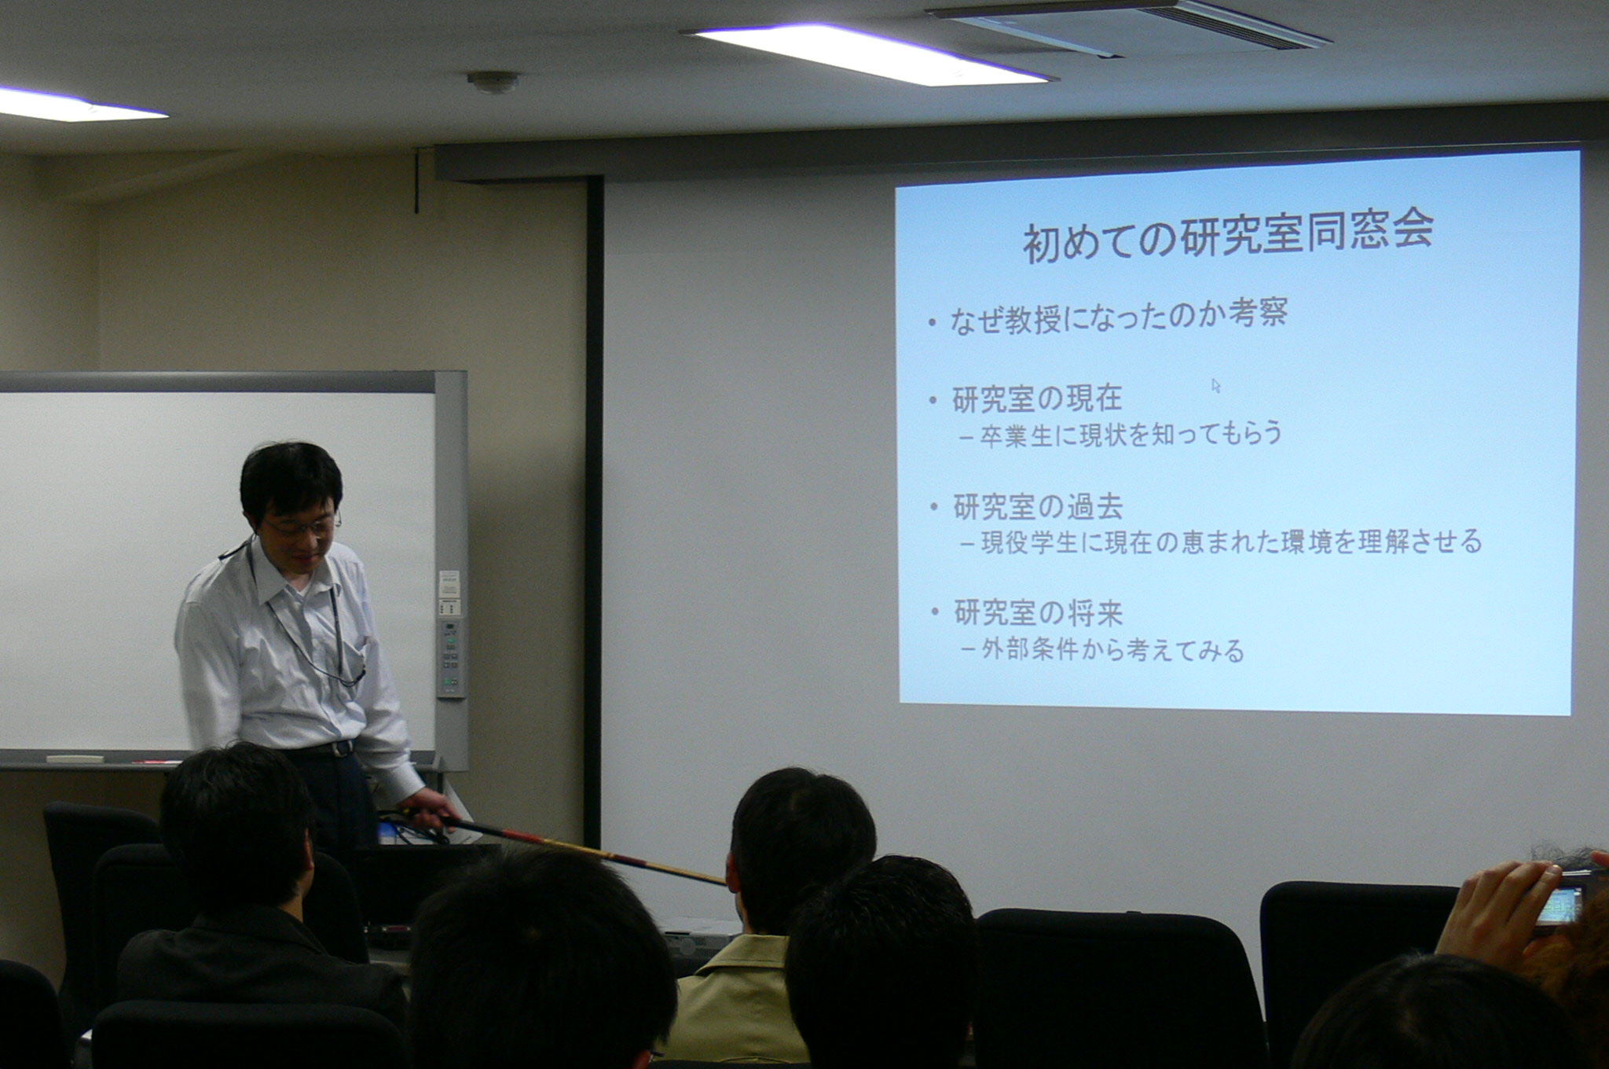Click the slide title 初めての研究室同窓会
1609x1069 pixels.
1228,237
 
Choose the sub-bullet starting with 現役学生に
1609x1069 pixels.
1221,542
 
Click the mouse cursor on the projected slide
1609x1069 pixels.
1216,386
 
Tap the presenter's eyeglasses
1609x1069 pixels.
302,525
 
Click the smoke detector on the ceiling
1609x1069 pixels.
493,81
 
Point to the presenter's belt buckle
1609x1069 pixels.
343,749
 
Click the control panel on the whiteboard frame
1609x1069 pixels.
450,657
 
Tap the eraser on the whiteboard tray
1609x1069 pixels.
75,759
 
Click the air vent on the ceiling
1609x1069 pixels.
1128,26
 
